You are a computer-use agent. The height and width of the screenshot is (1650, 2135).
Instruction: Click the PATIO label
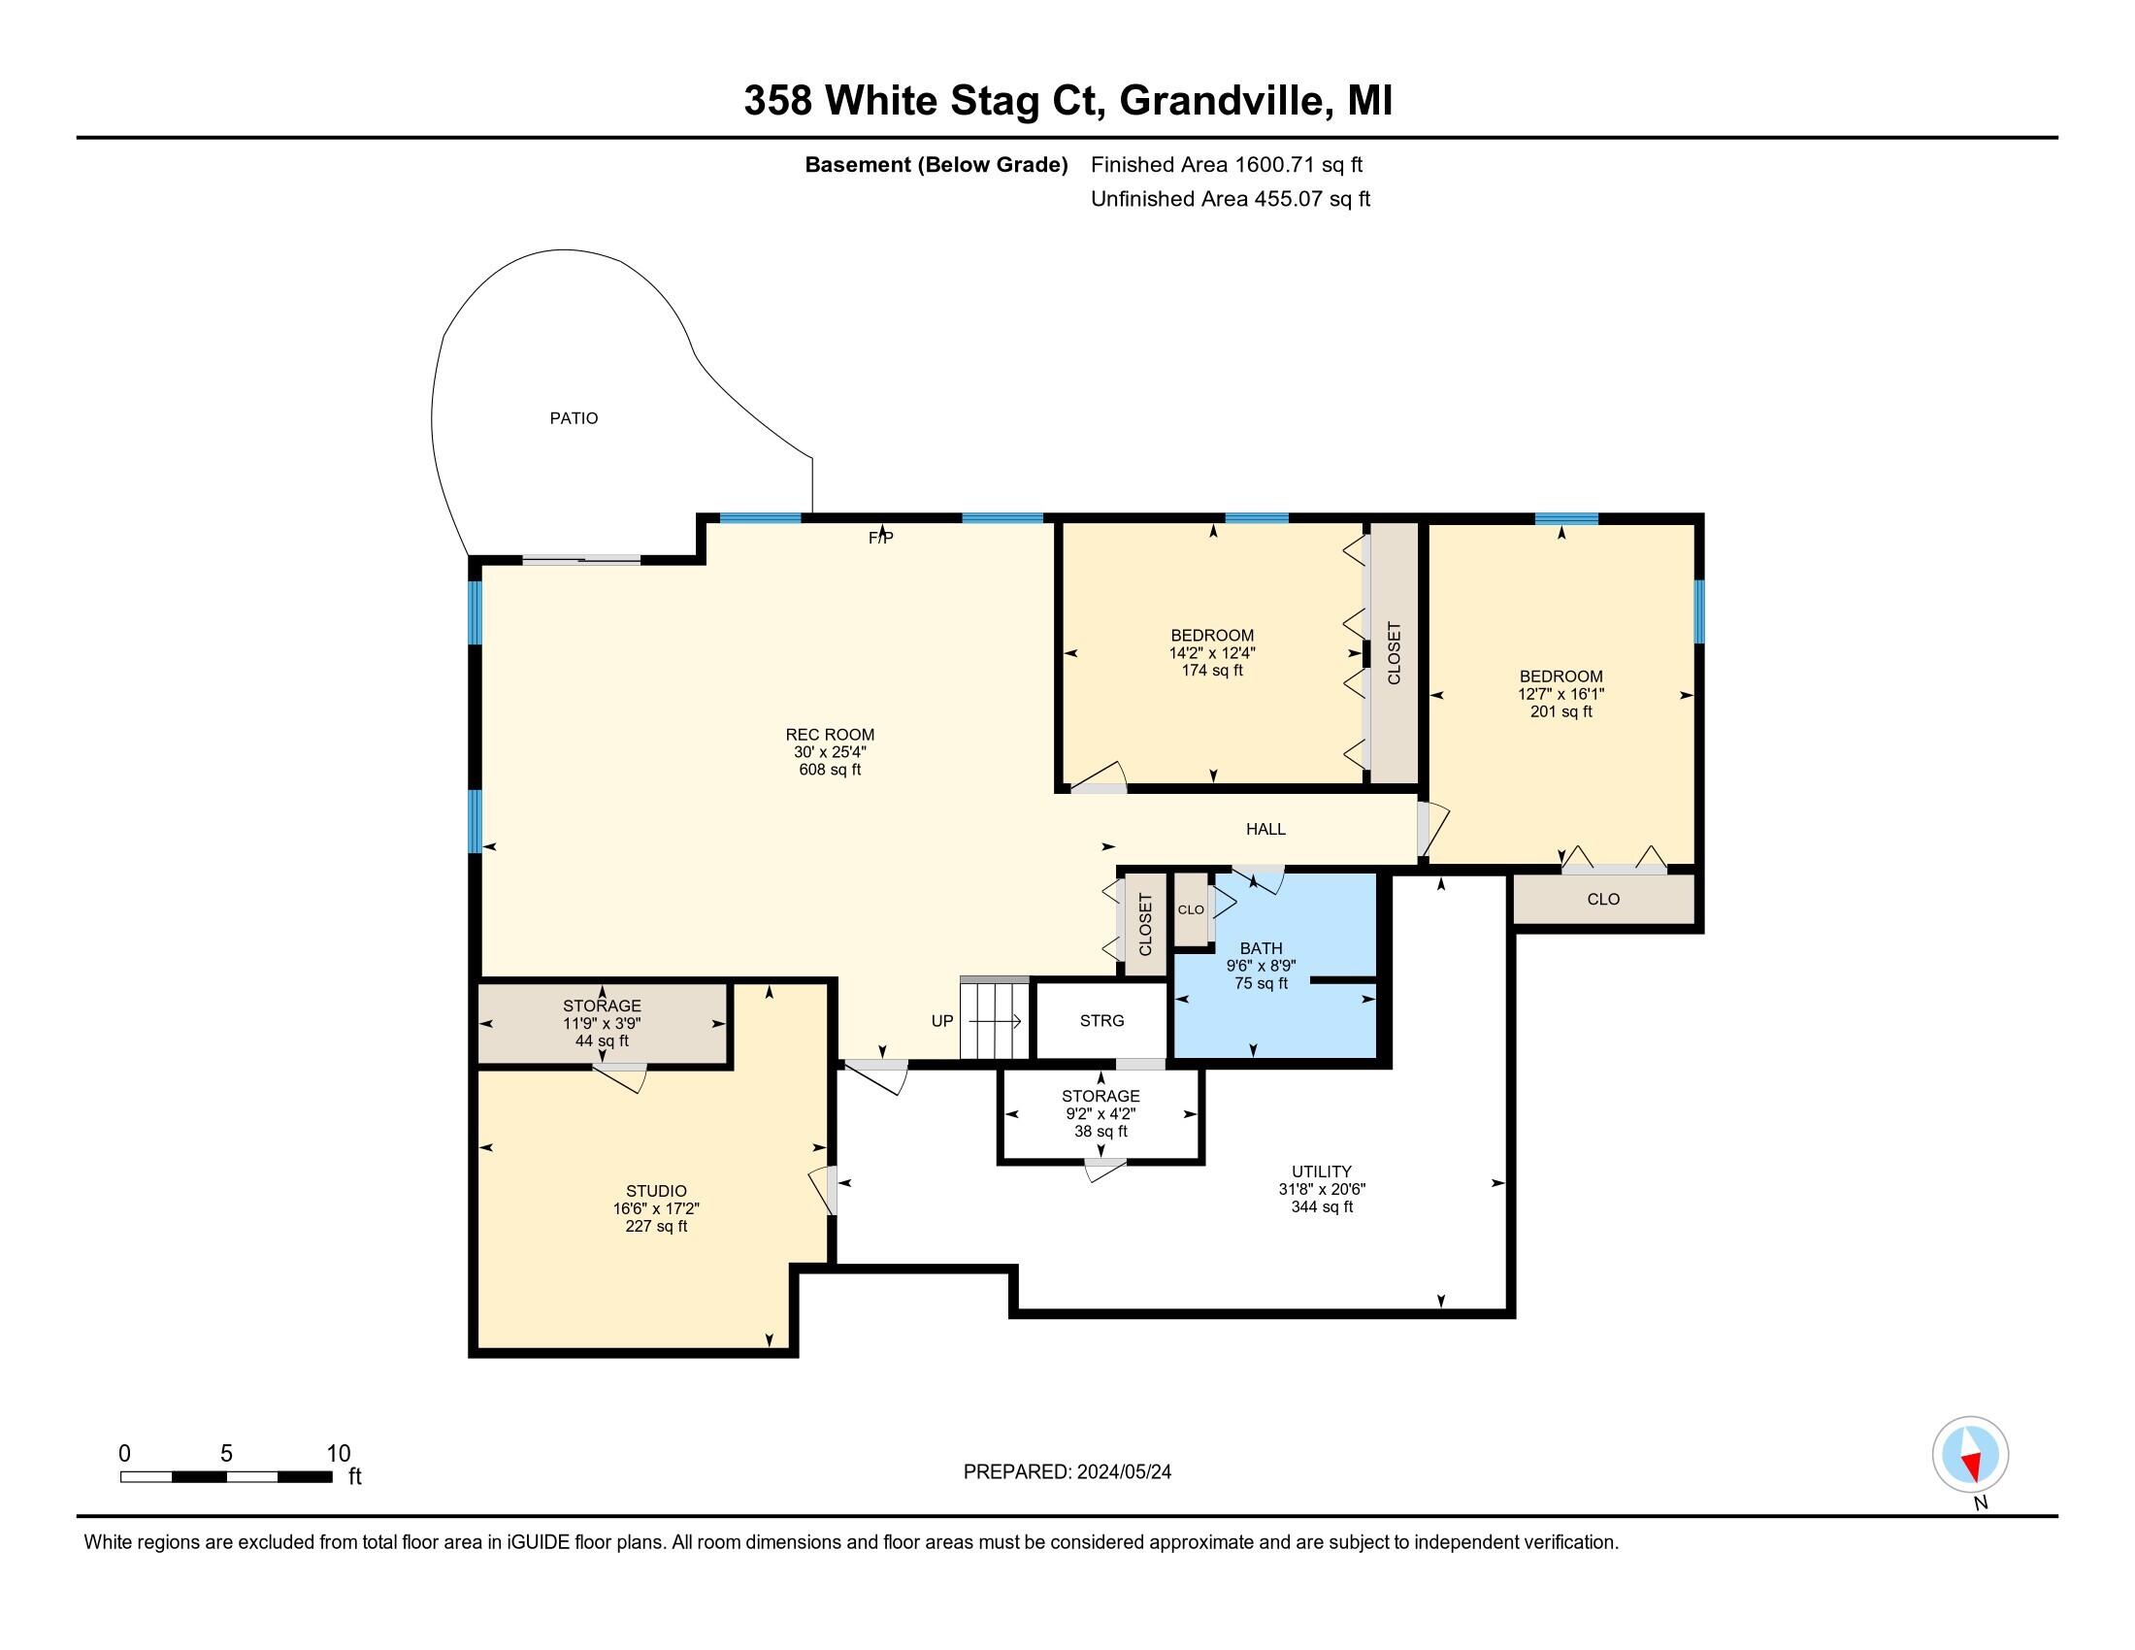coord(573,418)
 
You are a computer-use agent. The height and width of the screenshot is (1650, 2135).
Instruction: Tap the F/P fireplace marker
coord(881,538)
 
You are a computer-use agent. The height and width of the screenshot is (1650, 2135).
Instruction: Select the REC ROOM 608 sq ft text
coord(829,751)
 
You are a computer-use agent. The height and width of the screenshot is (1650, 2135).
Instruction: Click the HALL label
coord(1265,829)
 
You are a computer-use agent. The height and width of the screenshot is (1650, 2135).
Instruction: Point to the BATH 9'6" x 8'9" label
coord(1260,965)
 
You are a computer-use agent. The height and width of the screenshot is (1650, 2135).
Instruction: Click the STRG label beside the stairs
coord(1101,1020)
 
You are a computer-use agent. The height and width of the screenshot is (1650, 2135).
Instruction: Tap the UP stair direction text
coord(941,1020)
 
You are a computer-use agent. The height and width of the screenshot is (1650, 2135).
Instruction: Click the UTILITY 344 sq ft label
coord(1322,1189)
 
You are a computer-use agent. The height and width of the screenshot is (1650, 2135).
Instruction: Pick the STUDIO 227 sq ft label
coord(656,1208)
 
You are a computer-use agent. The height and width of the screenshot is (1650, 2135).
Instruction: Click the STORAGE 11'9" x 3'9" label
coord(602,1022)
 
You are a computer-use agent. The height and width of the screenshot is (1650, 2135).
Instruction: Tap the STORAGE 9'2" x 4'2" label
coord(1100,1113)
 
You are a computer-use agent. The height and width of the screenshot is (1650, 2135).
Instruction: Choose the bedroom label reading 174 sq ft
coord(1211,653)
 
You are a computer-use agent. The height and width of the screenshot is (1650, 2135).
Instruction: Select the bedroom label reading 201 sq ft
coord(1560,694)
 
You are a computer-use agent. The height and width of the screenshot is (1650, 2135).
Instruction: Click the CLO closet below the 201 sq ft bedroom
coord(1603,900)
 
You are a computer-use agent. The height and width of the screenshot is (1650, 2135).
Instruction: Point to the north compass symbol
coord(1970,1454)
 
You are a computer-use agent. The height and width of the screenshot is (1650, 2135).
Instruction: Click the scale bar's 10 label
coord(339,1453)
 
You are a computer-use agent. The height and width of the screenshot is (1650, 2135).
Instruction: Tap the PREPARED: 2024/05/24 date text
coord(1067,1472)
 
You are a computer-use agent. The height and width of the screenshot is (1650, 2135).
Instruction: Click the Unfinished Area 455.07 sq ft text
coord(1230,199)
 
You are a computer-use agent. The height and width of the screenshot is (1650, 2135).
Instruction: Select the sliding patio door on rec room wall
coord(580,560)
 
